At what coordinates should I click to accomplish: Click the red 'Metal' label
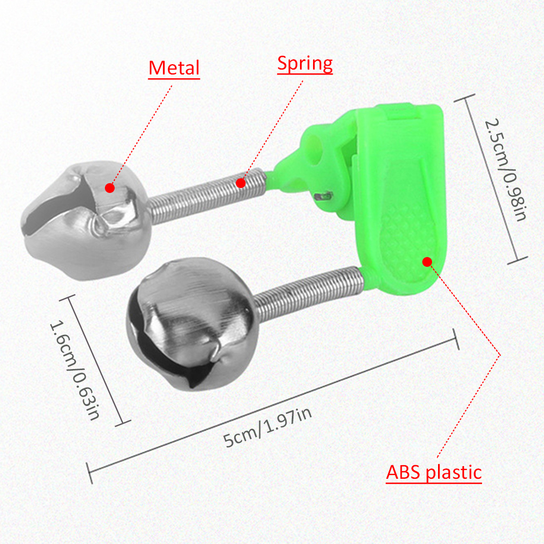tap(174, 68)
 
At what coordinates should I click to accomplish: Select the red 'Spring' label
tap(305, 64)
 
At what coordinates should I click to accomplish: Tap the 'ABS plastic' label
tap(434, 472)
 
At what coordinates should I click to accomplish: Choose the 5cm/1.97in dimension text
tap(268, 429)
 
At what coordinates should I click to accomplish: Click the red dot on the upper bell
tap(110, 188)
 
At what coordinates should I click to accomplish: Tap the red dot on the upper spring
tap(240, 183)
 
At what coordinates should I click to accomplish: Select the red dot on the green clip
tap(427, 262)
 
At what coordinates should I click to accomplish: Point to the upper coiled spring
tap(207, 198)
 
